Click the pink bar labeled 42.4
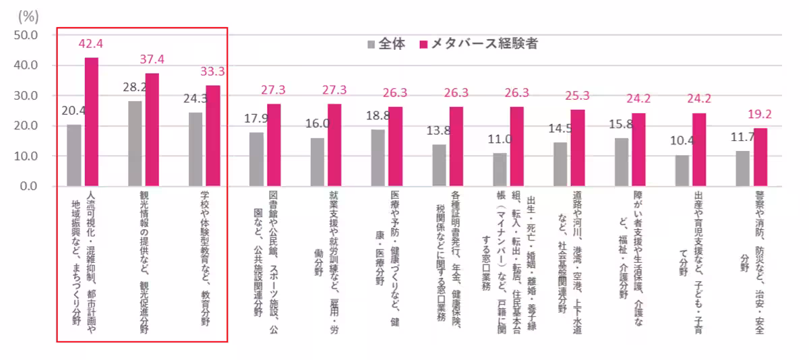click(x=91, y=122)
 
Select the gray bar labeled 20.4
click(x=73, y=155)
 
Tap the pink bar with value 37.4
click(x=152, y=129)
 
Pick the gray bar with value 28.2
click(x=135, y=144)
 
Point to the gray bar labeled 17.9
click(x=256, y=159)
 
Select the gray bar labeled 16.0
click(x=317, y=162)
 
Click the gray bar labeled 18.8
click(x=378, y=158)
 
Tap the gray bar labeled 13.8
click(x=439, y=165)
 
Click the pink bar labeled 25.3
click(x=578, y=148)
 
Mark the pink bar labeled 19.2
click(x=760, y=157)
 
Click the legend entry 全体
click(x=386, y=44)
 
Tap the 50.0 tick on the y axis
click(x=30, y=35)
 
